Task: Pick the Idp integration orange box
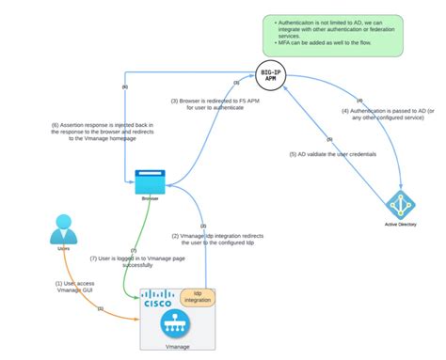(x=197, y=298)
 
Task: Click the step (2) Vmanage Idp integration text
(x=214, y=240)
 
